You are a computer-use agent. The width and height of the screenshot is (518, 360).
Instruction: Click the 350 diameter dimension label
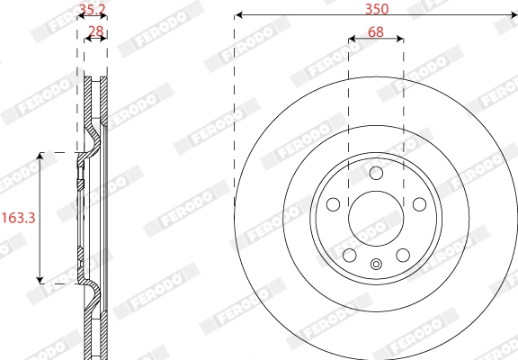click(376, 9)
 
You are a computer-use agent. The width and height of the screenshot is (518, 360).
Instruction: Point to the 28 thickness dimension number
click(94, 32)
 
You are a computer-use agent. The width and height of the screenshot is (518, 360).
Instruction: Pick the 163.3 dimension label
click(17, 217)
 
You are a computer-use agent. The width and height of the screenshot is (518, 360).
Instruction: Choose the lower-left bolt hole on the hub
click(349, 254)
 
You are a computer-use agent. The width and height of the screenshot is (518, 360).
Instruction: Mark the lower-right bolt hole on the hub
click(403, 254)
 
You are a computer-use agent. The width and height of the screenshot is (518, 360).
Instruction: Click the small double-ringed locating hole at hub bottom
click(376, 264)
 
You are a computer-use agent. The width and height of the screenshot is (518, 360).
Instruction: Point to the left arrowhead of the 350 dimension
click(237, 15)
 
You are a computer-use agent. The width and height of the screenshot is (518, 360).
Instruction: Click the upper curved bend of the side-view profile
click(93, 142)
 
